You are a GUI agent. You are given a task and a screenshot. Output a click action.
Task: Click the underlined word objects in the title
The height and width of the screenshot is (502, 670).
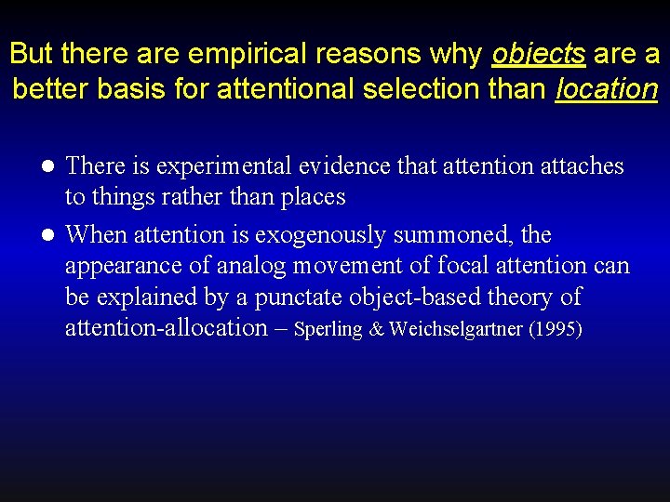[x=538, y=54]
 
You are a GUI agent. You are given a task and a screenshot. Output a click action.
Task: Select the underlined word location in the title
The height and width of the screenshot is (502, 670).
[x=606, y=89]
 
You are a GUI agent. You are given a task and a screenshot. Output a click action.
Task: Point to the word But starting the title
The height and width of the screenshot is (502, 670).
[x=32, y=54]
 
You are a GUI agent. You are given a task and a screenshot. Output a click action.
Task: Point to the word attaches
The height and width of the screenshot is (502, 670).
[x=574, y=166]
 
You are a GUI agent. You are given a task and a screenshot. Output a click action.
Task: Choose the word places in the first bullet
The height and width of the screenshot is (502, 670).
[x=315, y=197]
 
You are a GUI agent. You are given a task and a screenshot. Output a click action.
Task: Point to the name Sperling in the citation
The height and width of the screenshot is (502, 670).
[x=328, y=329]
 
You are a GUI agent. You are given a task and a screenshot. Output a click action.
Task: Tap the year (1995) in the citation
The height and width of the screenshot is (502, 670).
[x=556, y=329]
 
